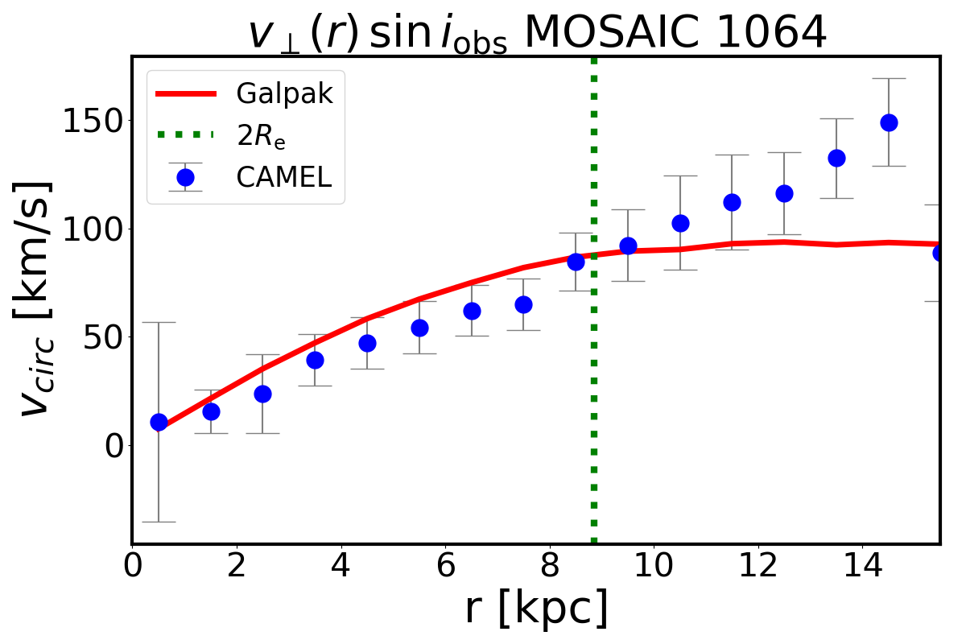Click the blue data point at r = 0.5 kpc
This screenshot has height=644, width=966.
pyautogui.click(x=159, y=422)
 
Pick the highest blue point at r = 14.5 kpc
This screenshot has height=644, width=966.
pyautogui.click(x=889, y=122)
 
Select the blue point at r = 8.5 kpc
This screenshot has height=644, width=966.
pyautogui.click(x=576, y=262)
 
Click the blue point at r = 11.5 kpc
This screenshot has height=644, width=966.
pyautogui.click(x=732, y=202)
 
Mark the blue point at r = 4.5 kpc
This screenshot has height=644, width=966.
pyautogui.click(x=367, y=343)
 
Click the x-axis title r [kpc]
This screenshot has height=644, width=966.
pyautogui.click(x=535, y=609)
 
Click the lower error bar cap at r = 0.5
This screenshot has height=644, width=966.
pyautogui.click(x=159, y=522)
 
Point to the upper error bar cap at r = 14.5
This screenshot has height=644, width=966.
pyautogui.click(x=889, y=79)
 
